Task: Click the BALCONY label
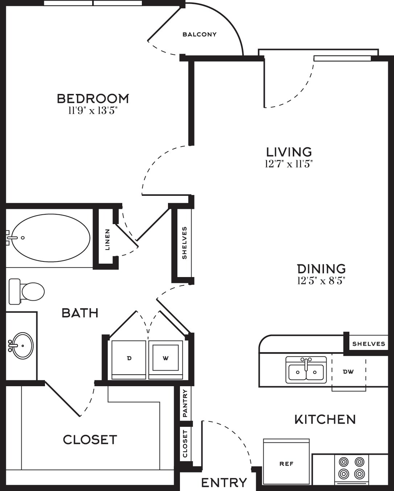(x=200, y=34)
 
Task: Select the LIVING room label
(x=289, y=152)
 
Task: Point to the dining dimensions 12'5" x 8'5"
(x=321, y=281)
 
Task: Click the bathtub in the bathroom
(x=50, y=238)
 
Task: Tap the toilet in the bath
(x=26, y=292)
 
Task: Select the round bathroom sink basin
(x=22, y=346)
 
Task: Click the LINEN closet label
(x=107, y=239)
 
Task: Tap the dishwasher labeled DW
(x=349, y=372)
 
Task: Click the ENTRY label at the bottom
(x=224, y=483)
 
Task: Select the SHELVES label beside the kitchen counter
(x=369, y=344)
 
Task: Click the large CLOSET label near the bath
(x=90, y=440)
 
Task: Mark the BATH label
(x=80, y=313)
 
